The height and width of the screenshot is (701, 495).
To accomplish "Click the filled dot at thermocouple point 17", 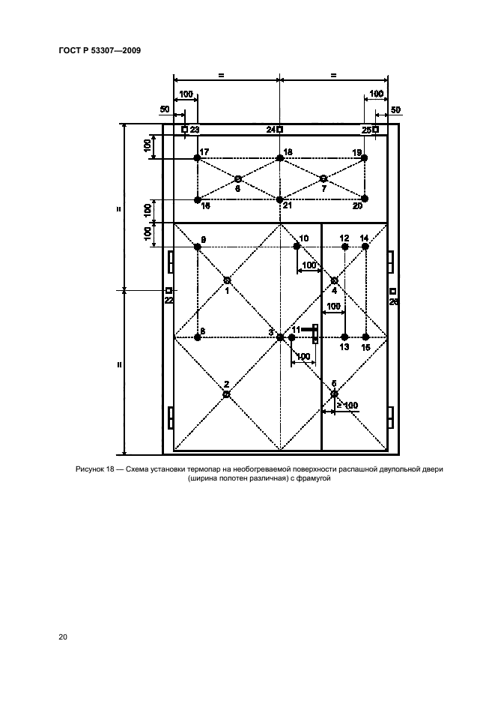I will (197, 158).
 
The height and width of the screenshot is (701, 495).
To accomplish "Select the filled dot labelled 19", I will (365, 158).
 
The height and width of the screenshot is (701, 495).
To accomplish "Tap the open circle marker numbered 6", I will (238, 179).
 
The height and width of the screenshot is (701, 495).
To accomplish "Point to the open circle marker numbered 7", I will (324, 178).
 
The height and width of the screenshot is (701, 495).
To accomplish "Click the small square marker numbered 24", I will (280, 130).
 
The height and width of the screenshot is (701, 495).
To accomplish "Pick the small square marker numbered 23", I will (185, 130).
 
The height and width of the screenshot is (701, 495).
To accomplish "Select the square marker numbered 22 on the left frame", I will (169, 290).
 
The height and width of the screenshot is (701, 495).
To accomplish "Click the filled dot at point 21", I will (280, 200).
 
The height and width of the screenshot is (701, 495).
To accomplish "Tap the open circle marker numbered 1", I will (227, 280).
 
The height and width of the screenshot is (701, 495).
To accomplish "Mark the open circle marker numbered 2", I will (226, 394).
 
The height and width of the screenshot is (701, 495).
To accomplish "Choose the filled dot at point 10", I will (297, 247).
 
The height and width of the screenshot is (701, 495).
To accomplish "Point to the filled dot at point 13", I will (344, 337).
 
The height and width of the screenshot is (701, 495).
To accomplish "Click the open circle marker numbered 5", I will (334, 394).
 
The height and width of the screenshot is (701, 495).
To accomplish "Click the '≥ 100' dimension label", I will (347, 405).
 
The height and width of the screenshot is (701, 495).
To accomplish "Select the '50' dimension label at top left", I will (165, 109).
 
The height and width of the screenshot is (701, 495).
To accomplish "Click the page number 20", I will (63, 637).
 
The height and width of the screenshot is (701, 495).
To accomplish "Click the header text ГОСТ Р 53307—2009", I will (100, 50).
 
